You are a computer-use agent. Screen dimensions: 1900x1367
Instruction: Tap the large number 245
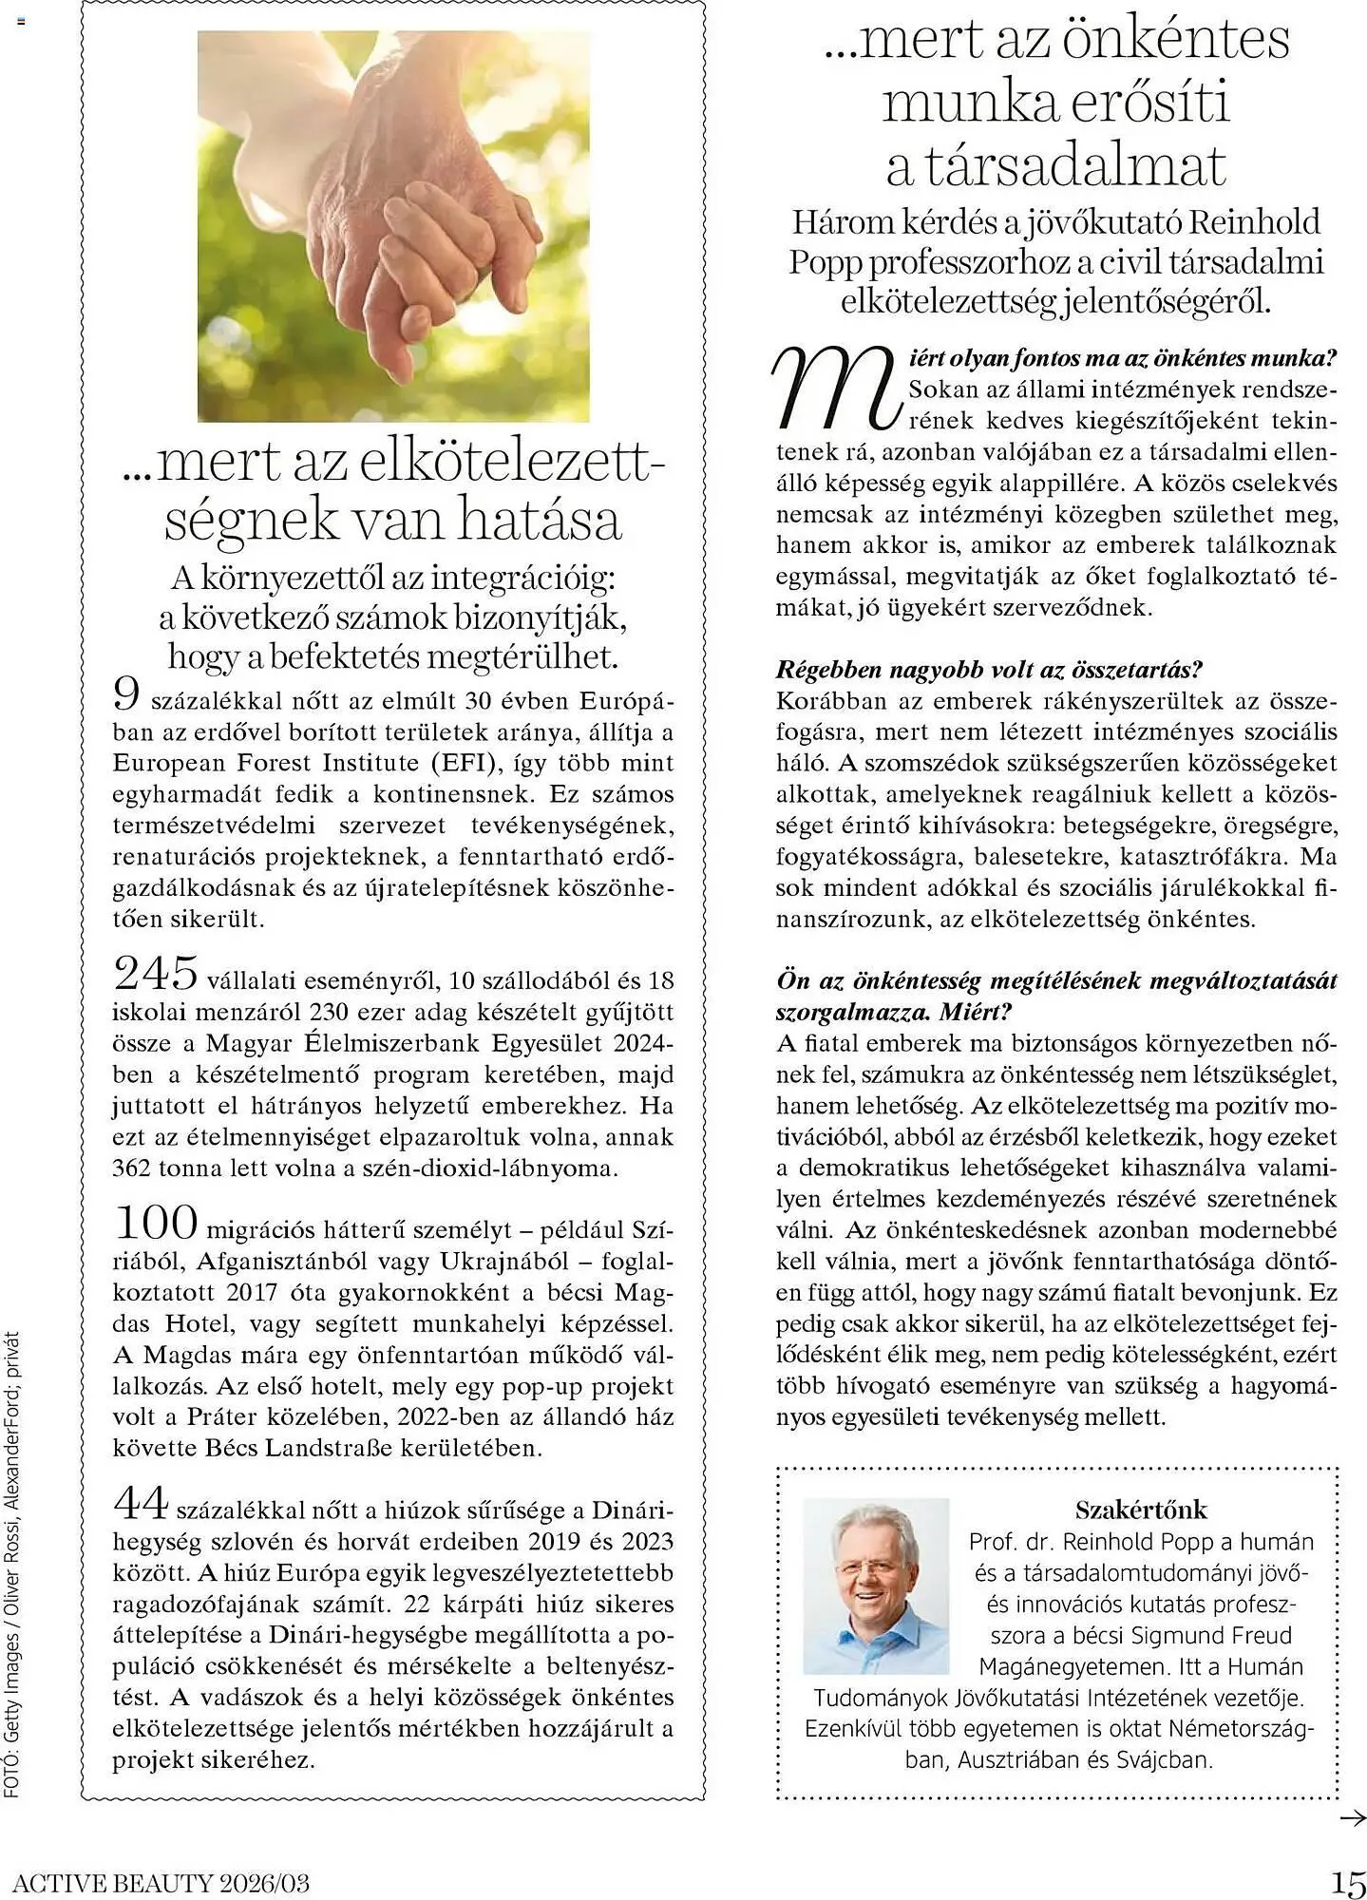156,973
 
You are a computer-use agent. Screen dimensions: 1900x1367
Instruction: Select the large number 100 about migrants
156,1223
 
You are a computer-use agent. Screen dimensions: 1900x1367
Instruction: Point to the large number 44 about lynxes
141,1503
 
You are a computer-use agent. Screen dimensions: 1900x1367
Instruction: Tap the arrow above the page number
1351,1818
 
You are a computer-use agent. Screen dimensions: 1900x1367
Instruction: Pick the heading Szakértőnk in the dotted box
1141,1510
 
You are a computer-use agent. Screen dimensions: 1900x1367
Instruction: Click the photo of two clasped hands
393,226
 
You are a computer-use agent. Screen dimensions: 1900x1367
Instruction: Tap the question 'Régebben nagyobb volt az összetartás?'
989,670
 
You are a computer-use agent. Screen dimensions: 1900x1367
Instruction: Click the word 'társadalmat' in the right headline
1056,165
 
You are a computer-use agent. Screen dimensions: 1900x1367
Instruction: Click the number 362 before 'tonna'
131,1168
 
